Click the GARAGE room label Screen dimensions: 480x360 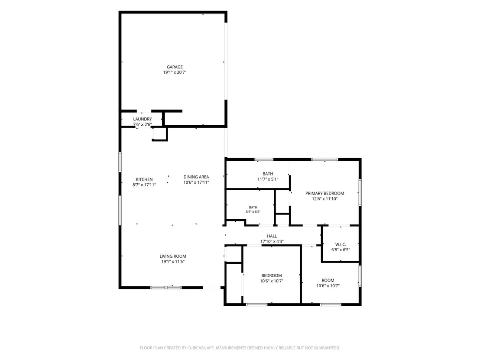(x=175, y=67)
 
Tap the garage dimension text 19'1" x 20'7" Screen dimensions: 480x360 (x=175, y=72)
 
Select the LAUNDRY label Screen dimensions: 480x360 (x=143, y=119)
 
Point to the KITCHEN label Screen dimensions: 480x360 (x=144, y=179)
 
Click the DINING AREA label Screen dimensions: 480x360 (x=196, y=177)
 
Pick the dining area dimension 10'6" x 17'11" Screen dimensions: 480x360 (x=196, y=182)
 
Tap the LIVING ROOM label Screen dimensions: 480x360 (x=173, y=256)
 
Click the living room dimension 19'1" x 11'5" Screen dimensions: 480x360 (x=173, y=262)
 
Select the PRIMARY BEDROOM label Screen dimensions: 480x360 (x=324, y=194)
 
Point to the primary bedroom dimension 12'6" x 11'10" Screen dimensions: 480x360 (x=324, y=199)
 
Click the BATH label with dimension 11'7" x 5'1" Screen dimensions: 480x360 (x=268, y=174)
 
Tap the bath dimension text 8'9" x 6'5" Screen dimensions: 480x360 (x=253, y=212)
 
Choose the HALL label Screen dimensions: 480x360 (x=272, y=236)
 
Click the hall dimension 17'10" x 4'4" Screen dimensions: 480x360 (x=272, y=242)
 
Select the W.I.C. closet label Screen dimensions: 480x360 (x=341, y=244)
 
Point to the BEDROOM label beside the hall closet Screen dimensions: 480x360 (x=272, y=276)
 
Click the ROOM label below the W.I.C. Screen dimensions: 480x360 (x=328, y=280)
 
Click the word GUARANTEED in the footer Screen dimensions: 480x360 (x=328, y=348)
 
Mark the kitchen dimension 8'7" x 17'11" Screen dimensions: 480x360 (x=144, y=185)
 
